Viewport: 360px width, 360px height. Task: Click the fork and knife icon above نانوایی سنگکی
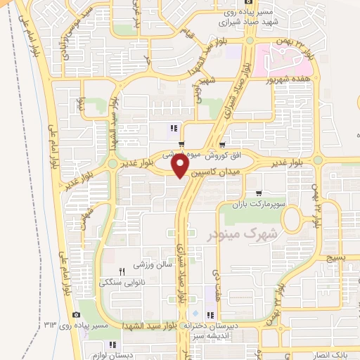[x=120, y=271]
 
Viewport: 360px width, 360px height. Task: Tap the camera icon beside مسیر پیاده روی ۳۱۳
[x=76, y=314]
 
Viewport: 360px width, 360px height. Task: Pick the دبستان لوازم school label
[x=111, y=355]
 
